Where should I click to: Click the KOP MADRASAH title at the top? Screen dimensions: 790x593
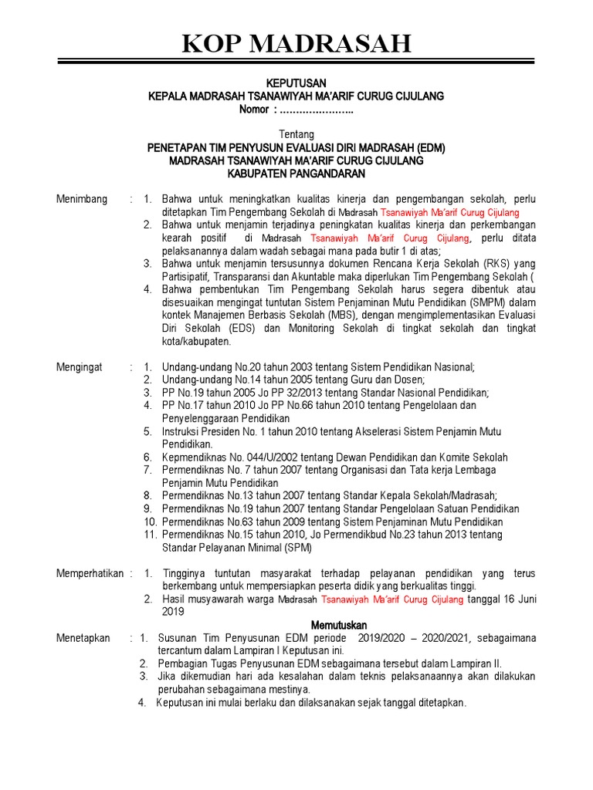click(x=296, y=44)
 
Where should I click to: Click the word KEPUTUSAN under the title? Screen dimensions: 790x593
click(x=296, y=83)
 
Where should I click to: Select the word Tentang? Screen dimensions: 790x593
click(x=296, y=134)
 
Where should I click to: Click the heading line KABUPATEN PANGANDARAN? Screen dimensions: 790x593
click(x=296, y=173)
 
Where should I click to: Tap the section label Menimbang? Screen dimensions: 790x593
click(x=82, y=199)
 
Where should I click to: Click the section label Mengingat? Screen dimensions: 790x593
click(x=80, y=367)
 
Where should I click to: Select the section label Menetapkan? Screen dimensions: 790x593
click(x=83, y=638)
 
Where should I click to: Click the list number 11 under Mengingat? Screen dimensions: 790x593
click(x=151, y=535)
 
